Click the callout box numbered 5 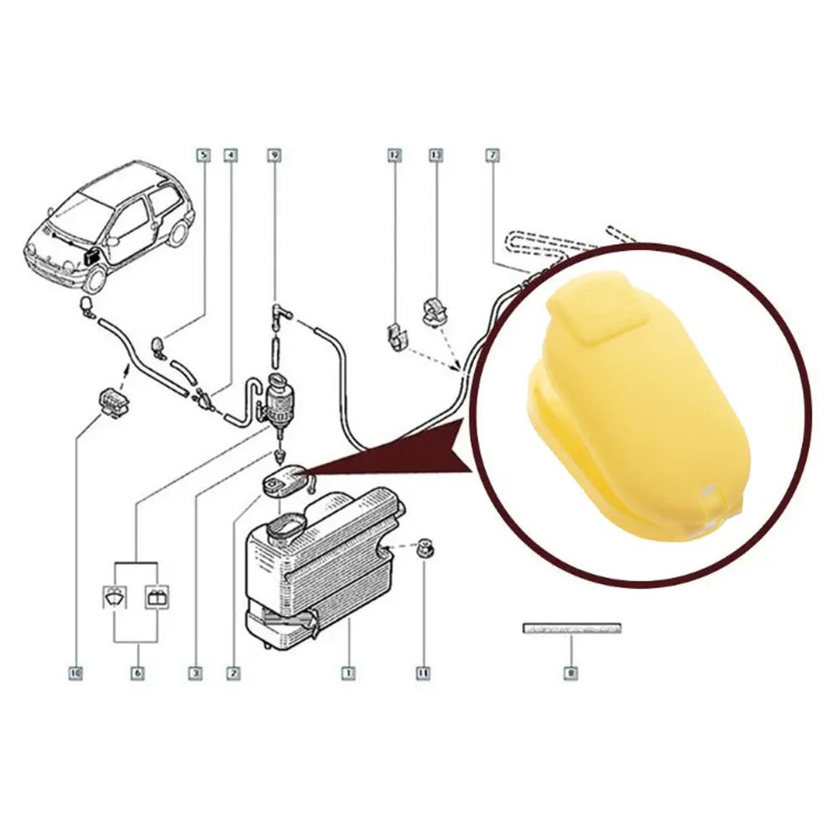pos(201,154)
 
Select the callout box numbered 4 pos(230,154)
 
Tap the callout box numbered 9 pos(274,154)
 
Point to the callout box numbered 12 pos(394,154)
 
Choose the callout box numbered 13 pos(435,154)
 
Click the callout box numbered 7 pos(492,154)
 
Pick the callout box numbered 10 pos(76,672)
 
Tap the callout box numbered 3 pos(195,672)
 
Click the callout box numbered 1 pos(346,672)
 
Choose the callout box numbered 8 pos(571,672)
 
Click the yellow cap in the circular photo pos(638,411)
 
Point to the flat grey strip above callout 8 pos(571,627)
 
